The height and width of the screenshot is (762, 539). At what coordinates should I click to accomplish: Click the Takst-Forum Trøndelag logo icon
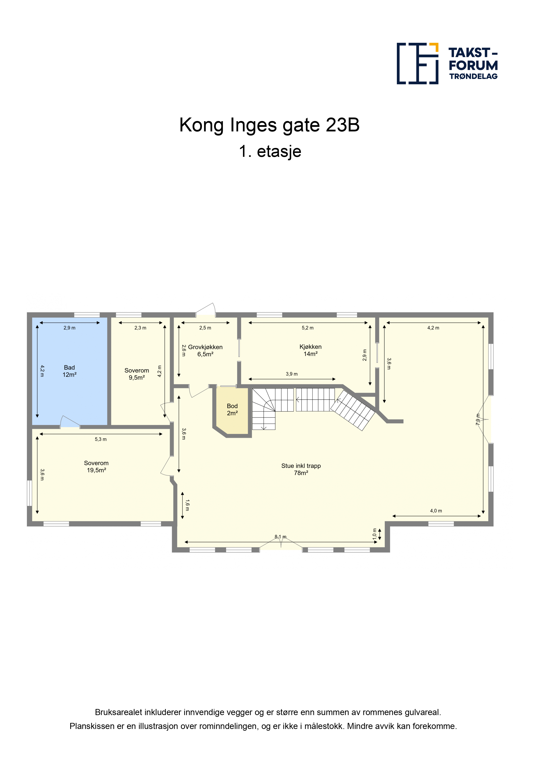pyautogui.click(x=418, y=63)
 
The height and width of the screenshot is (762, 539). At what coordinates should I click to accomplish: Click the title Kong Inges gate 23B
pyautogui.click(x=269, y=125)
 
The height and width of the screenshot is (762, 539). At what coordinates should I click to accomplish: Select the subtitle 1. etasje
pyautogui.click(x=270, y=151)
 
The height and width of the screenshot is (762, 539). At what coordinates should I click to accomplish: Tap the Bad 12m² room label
pyautogui.click(x=69, y=371)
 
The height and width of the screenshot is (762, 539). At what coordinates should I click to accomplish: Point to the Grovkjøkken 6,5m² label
pyautogui.click(x=205, y=350)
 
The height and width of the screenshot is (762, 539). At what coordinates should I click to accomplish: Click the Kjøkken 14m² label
pyautogui.click(x=311, y=350)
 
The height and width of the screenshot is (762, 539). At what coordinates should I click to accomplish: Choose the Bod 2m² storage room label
pyautogui.click(x=232, y=409)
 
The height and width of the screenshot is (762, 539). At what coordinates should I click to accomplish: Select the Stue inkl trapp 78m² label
pyautogui.click(x=301, y=469)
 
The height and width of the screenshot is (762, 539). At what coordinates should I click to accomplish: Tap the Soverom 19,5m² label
pyautogui.click(x=96, y=467)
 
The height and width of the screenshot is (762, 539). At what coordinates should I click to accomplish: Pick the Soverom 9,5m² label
pyautogui.click(x=137, y=374)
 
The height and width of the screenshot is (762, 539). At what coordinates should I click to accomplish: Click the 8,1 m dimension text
pyautogui.click(x=280, y=537)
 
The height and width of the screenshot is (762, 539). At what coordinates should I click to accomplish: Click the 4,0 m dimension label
pyautogui.click(x=436, y=511)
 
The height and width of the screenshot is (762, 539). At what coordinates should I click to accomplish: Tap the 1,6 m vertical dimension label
pyautogui.click(x=187, y=505)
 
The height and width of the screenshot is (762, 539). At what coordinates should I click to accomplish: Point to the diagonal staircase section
pyautogui.click(x=353, y=410)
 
